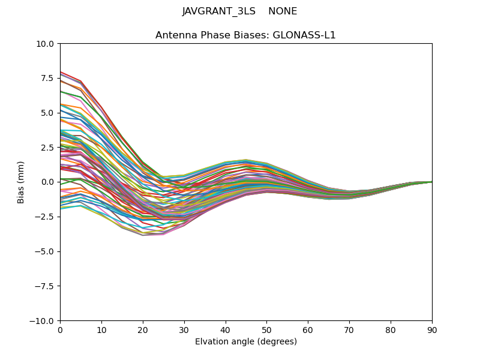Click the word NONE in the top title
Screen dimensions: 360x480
[283, 11]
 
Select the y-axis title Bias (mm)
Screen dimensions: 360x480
[21, 182]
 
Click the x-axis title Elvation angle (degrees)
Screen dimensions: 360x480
[246, 342]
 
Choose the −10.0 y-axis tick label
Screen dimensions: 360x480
[43, 321]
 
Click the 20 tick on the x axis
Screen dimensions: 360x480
[143, 329]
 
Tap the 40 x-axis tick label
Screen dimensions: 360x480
[226, 329]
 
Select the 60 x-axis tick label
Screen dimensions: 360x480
[308, 329]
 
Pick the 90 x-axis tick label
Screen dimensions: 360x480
[432, 329]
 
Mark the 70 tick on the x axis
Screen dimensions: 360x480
[349, 329]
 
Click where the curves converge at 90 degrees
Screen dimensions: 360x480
[431, 182]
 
